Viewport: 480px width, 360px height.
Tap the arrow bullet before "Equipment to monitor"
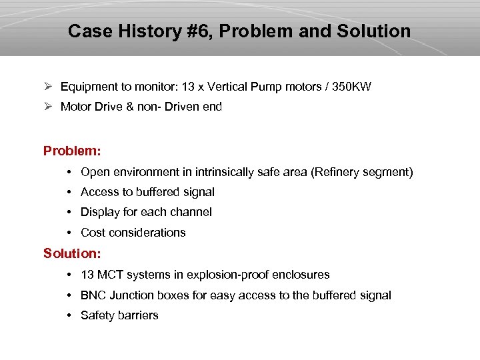48,87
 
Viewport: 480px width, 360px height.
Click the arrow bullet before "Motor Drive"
48,107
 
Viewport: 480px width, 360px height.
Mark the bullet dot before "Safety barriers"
70,315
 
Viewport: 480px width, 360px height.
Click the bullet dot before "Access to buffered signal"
70,192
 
